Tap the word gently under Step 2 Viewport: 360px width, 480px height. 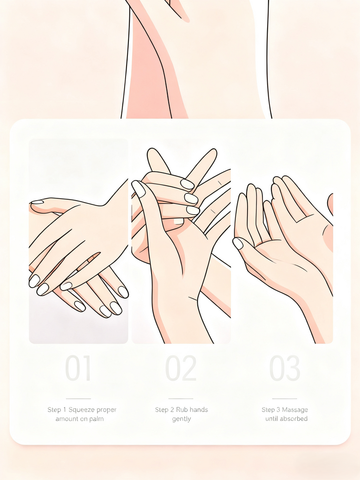click(x=181, y=419)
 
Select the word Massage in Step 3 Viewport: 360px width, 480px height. click(x=295, y=410)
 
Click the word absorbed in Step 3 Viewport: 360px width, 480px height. click(x=293, y=419)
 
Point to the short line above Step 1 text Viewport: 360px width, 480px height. click(x=78, y=398)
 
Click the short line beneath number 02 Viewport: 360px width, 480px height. click(x=180, y=398)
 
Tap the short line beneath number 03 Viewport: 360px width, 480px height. click(x=285, y=398)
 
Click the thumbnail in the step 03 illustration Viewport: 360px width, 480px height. click(x=238, y=243)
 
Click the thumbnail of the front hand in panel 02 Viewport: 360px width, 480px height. click(x=138, y=188)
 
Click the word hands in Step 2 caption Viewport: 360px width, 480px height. click(x=199, y=410)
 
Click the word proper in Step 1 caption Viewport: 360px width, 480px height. click(x=107, y=410)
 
